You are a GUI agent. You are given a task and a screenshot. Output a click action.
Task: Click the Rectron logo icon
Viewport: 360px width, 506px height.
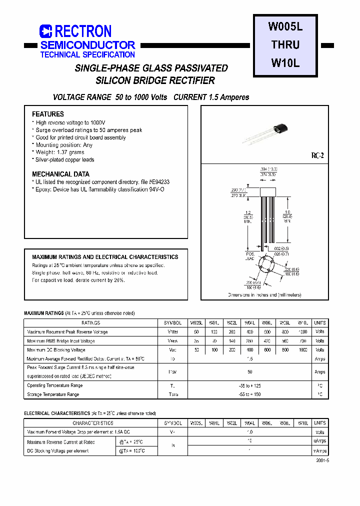pyautogui.click(x=45, y=31)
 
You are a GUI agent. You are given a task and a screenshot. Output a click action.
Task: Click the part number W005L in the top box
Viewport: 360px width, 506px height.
pyautogui.click(x=285, y=27)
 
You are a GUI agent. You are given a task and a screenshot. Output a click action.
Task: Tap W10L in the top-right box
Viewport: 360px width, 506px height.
pyautogui.click(x=285, y=63)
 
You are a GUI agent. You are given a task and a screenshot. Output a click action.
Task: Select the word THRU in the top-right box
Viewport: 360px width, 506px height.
pyautogui.click(x=285, y=45)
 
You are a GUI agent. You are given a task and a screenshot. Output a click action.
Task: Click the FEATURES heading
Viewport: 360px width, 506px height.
pyautogui.click(x=48, y=114)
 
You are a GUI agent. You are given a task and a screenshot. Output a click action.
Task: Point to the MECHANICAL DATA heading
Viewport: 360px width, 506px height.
pyautogui.click(x=60, y=174)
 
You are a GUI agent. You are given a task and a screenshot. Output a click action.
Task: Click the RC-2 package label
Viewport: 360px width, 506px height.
pyautogui.click(x=318, y=156)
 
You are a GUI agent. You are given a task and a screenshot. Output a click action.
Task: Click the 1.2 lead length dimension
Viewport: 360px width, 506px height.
pyautogui.click(x=246, y=212)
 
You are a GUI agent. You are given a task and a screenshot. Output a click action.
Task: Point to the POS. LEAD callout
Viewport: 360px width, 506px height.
pyautogui.click(x=250, y=256)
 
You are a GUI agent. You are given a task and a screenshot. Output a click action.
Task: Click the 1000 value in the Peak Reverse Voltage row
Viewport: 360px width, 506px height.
pyautogui.click(x=303, y=332)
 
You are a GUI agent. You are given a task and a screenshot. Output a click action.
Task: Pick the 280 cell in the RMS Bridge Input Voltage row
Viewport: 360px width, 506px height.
pyautogui.click(x=249, y=341)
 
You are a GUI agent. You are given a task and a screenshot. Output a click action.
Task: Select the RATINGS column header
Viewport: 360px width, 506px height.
pyautogui.click(x=91, y=323)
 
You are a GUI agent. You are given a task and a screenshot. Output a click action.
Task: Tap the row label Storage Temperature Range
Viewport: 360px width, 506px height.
pyautogui.click(x=53, y=394)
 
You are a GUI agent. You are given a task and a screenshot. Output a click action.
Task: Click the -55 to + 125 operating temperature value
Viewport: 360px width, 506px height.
pyautogui.click(x=250, y=385)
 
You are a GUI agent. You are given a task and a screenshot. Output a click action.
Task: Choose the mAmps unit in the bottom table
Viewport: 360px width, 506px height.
pyautogui.click(x=319, y=450)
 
